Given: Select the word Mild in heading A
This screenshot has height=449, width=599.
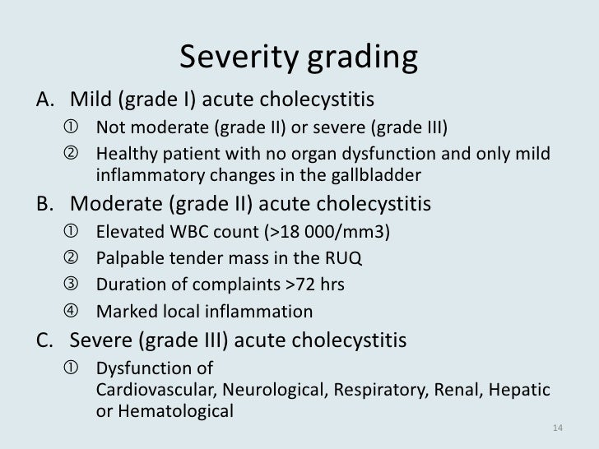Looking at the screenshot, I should point(91,100).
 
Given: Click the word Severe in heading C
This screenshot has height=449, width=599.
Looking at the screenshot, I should point(99,339).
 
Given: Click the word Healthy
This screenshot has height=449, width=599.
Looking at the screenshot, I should point(123,155).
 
